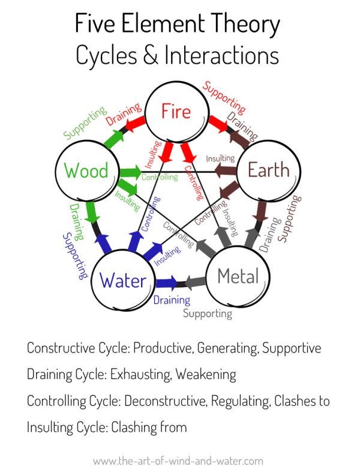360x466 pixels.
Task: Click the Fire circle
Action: click(x=176, y=112)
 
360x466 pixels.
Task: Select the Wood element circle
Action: click(x=86, y=171)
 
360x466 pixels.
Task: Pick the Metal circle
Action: click(x=238, y=276)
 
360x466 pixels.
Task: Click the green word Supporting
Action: click(x=85, y=123)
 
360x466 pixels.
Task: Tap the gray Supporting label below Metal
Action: click(x=207, y=313)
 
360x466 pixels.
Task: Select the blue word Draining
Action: click(x=172, y=300)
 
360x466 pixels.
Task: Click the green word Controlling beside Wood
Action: click(x=160, y=177)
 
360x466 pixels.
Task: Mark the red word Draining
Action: click(x=124, y=113)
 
